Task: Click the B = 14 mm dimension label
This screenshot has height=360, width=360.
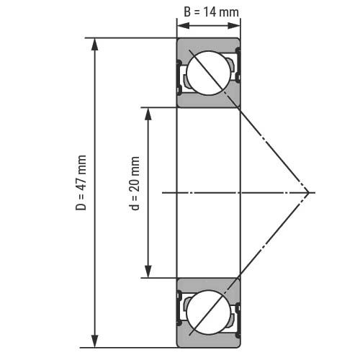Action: coord(211,12)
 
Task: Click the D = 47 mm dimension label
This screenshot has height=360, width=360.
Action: coord(81,183)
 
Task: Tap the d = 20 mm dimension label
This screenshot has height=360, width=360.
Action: coord(135,184)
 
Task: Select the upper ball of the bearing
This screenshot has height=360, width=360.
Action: coord(208,73)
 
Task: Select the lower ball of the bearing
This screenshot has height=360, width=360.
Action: coord(208,312)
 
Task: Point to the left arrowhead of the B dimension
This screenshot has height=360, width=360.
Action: coord(183,25)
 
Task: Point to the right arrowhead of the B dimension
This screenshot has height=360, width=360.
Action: coord(234,25)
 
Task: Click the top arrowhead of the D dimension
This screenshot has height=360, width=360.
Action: coord(95,45)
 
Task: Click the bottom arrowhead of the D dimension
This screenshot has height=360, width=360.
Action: coord(95,341)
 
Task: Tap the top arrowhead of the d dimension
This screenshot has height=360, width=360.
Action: coord(148,114)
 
